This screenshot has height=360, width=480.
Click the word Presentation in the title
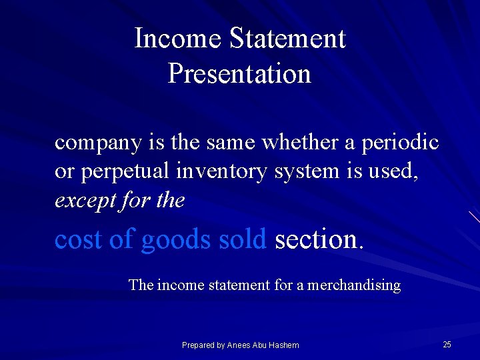pyautogui.click(x=239, y=73)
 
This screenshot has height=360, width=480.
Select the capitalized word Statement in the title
pyautogui.click(x=287, y=39)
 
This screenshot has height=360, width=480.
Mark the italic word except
pyautogui.click(x=83, y=201)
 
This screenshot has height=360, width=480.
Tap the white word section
pyautogui.click(x=317, y=239)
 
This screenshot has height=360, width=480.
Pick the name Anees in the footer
pyautogui.click(x=239, y=345)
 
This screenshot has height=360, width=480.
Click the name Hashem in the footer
pyautogui.click(x=285, y=345)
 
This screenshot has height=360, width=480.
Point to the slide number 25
pyautogui.click(x=447, y=345)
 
